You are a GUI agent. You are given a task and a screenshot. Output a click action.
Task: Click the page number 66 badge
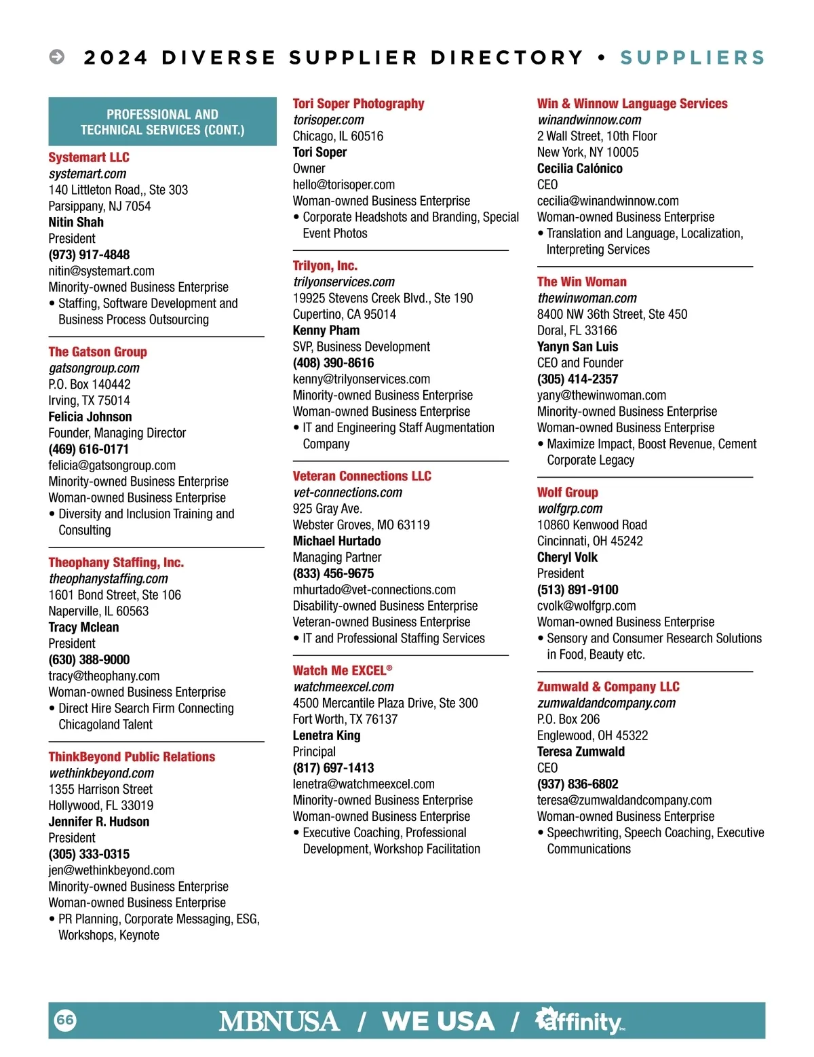click(65, 1020)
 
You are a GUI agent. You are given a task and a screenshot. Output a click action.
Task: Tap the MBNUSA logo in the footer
click(279, 1021)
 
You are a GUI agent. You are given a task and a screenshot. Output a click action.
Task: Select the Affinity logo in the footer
click(580, 1021)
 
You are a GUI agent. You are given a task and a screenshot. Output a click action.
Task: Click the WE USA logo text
click(438, 1021)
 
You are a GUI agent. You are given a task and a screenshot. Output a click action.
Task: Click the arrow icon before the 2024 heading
click(58, 57)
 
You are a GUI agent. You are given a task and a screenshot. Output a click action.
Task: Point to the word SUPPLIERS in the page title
click(693, 58)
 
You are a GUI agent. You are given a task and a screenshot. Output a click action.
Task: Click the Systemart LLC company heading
click(89, 157)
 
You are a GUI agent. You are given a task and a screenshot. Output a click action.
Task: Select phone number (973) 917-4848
click(89, 255)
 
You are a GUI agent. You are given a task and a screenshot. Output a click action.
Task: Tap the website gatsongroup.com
click(94, 368)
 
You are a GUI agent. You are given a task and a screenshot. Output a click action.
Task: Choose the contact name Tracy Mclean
click(83, 628)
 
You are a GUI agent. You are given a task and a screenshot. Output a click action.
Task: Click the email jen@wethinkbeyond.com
click(111, 870)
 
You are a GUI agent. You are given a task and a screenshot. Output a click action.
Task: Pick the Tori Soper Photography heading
click(358, 104)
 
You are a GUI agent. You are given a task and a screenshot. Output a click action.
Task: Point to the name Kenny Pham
click(326, 330)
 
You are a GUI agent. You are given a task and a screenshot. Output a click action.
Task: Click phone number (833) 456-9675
click(333, 573)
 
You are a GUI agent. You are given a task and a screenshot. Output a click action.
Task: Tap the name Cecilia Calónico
click(579, 168)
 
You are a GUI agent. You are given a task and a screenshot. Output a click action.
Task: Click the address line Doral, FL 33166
click(577, 330)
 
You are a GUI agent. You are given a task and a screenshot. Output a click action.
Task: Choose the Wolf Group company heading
click(567, 493)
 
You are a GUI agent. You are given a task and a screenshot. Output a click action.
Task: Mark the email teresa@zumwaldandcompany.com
click(624, 801)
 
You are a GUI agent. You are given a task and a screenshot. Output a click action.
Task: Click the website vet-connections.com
click(347, 493)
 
